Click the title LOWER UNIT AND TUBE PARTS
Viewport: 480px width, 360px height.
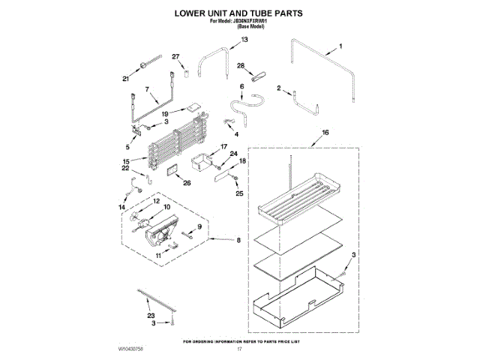click(x=239, y=13)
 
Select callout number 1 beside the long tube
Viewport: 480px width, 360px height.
click(x=339, y=46)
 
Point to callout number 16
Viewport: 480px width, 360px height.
click(x=325, y=133)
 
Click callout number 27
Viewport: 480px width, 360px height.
click(x=176, y=57)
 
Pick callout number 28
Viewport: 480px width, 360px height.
click(x=241, y=66)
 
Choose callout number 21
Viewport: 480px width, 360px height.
click(x=126, y=78)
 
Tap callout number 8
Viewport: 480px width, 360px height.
click(x=238, y=241)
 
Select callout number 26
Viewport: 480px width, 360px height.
click(x=187, y=182)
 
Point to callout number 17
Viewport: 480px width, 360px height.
click(x=223, y=147)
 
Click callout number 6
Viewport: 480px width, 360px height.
click(x=241, y=87)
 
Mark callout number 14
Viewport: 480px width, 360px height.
click(x=121, y=206)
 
